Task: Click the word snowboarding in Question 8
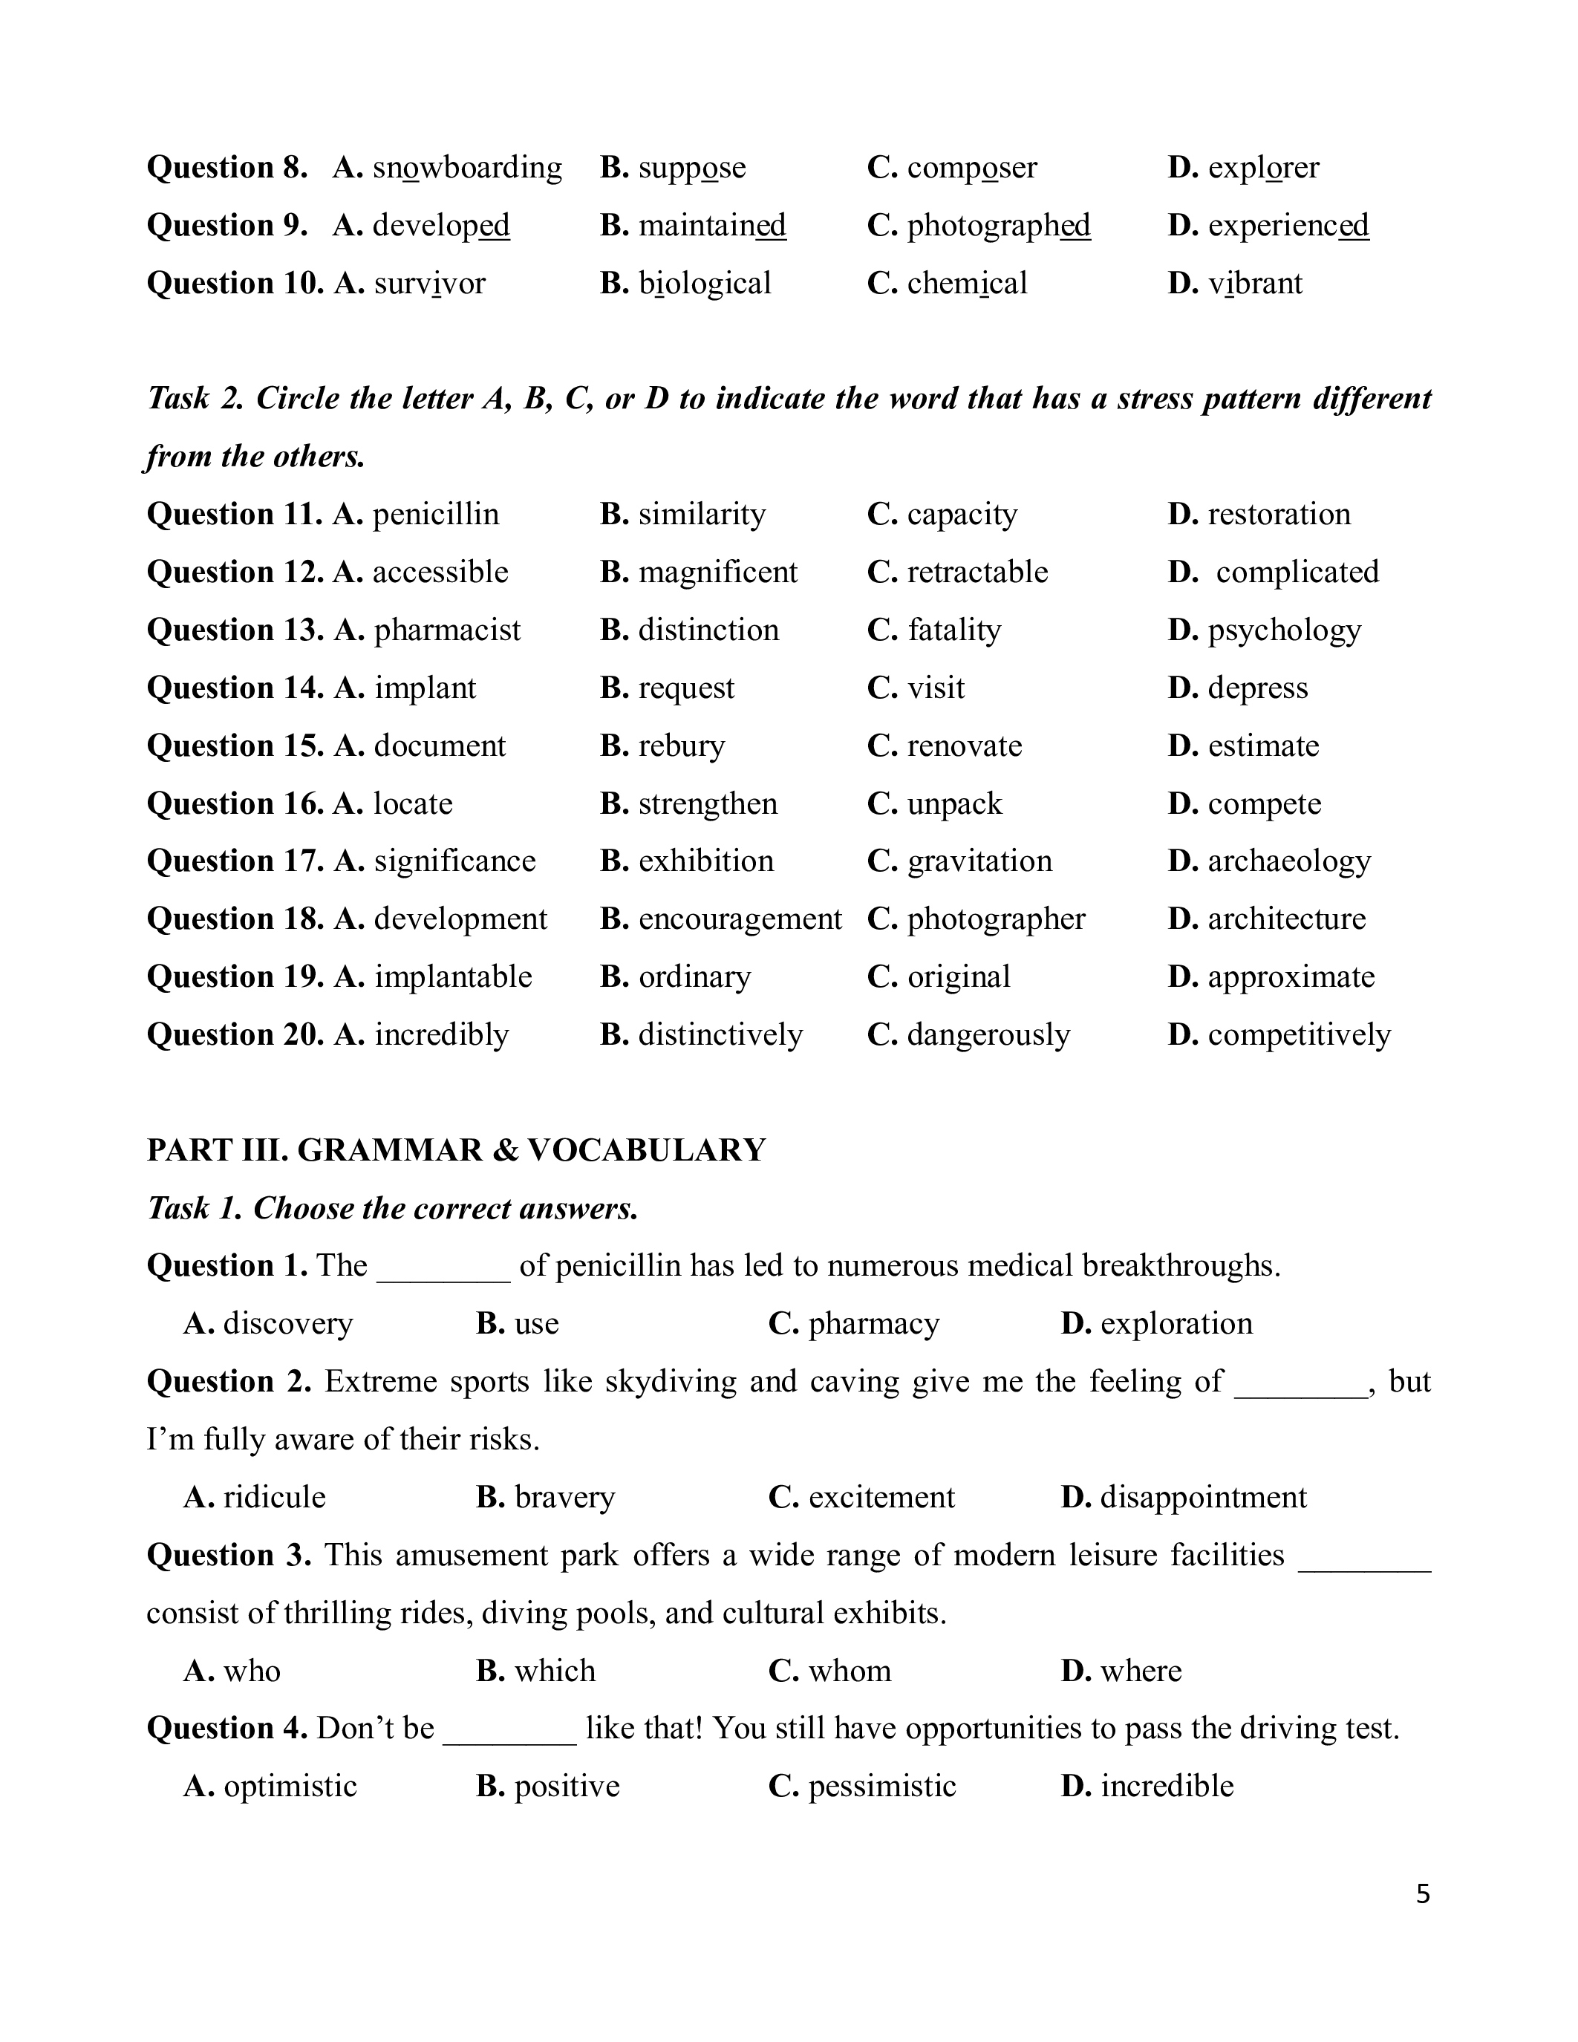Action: coord(466,169)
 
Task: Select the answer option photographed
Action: coord(998,226)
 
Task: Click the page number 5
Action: coord(1423,1894)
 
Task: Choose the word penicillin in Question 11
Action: coord(436,515)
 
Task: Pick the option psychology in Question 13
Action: coord(1285,630)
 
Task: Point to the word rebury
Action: coord(682,746)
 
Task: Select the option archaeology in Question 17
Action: coord(1289,861)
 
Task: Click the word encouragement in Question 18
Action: coord(740,919)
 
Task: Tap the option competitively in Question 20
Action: coord(1300,1035)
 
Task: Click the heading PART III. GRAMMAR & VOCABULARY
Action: coord(456,1150)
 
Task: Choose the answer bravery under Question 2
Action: coord(564,1498)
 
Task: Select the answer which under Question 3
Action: coord(555,1671)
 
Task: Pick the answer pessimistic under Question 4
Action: coord(881,1787)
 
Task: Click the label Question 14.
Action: coord(235,688)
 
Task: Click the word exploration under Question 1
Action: coord(1176,1324)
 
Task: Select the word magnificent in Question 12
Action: coord(717,573)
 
